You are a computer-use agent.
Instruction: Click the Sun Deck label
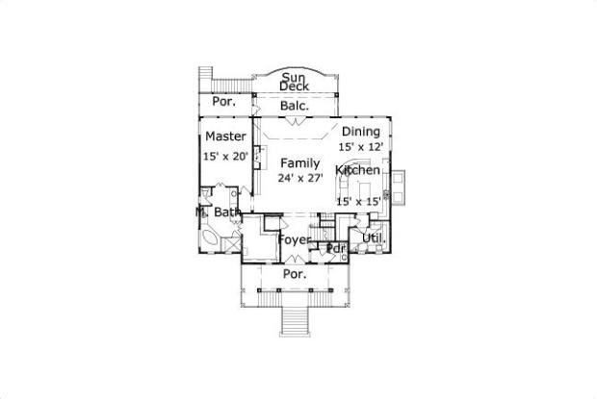[x=294, y=82]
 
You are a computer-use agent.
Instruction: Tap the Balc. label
[x=294, y=106]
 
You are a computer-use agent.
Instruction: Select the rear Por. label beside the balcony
[x=223, y=102]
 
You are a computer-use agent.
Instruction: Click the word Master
[x=225, y=136]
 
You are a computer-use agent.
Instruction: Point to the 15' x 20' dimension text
[x=225, y=156]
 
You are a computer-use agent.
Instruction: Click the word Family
[x=300, y=163]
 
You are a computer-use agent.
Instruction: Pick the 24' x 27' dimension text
[x=300, y=178]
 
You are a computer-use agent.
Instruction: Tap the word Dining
[x=361, y=132]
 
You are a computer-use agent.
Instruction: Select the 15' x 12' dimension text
[x=361, y=147]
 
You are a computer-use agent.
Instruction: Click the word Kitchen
[x=357, y=170]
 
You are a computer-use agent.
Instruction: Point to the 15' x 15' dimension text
[x=358, y=201]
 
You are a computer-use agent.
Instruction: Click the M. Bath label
[x=219, y=212]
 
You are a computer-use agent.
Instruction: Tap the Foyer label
[x=295, y=240]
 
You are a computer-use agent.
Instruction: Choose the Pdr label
[x=336, y=249]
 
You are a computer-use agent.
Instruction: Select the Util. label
[x=374, y=238]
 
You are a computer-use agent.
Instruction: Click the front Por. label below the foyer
[x=295, y=274]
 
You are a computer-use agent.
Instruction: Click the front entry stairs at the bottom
[x=295, y=321]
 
